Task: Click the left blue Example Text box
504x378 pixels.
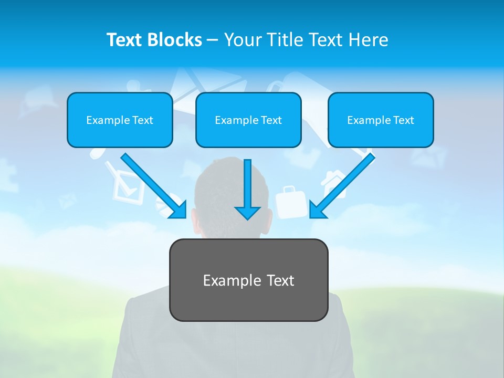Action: pyautogui.click(x=120, y=120)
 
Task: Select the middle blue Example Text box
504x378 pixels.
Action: pyautogui.click(x=248, y=120)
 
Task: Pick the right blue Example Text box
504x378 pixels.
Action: pyautogui.click(x=381, y=120)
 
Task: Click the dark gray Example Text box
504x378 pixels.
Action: pyautogui.click(x=248, y=280)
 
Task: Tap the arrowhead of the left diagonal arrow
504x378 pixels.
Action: pyautogui.click(x=178, y=210)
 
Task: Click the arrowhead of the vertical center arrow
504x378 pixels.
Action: pyautogui.click(x=247, y=213)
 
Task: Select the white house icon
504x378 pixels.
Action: pyautogui.click(x=332, y=183)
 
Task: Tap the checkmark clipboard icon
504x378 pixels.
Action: pyautogui.click(x=125, y=184)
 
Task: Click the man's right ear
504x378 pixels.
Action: pyautogui.click(x=269, y=220)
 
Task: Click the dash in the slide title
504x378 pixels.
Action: pyautogui.click(x=213, y=40)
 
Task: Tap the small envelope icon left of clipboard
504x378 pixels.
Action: pyautogui.click(x=67, y=201)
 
